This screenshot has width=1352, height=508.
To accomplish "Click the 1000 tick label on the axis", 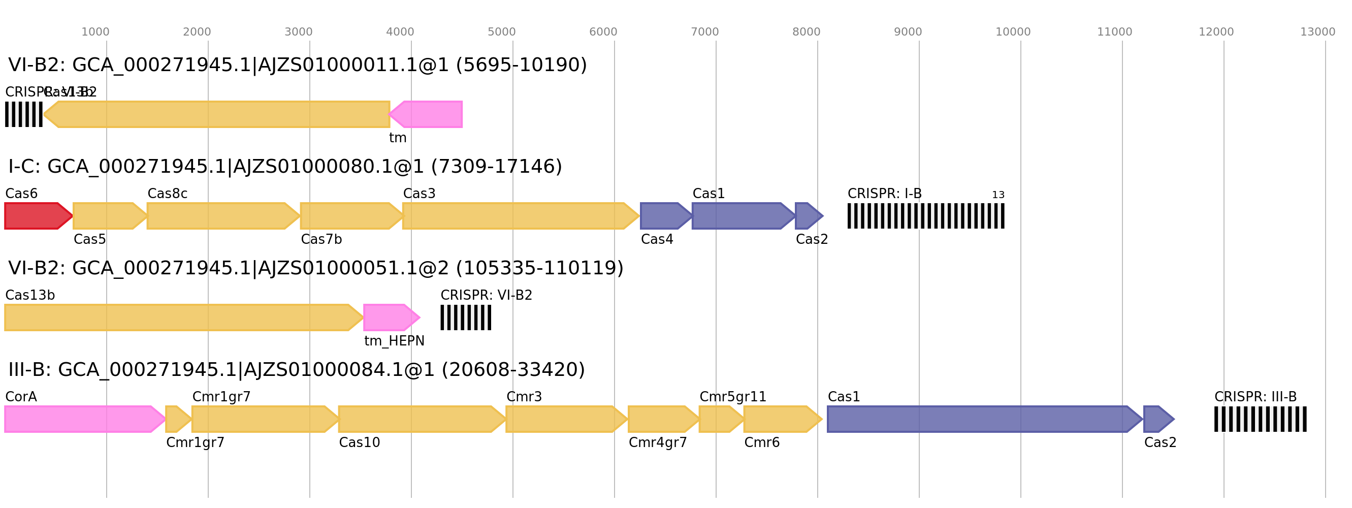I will point(95,32).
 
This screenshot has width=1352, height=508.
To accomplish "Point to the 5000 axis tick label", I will point(501,32).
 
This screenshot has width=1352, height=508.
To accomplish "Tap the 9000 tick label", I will point(908,32).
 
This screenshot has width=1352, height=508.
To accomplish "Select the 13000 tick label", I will point(1317,32).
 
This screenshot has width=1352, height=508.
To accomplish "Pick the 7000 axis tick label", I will point(704,32).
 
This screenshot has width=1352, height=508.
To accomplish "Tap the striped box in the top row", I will point(24,114).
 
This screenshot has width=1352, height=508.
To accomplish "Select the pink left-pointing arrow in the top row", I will point(428,114).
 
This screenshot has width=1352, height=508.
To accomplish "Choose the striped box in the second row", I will point(926,216).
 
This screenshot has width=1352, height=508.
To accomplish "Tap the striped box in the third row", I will point(466,317).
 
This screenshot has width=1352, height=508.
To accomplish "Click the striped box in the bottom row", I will point(1260,419).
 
